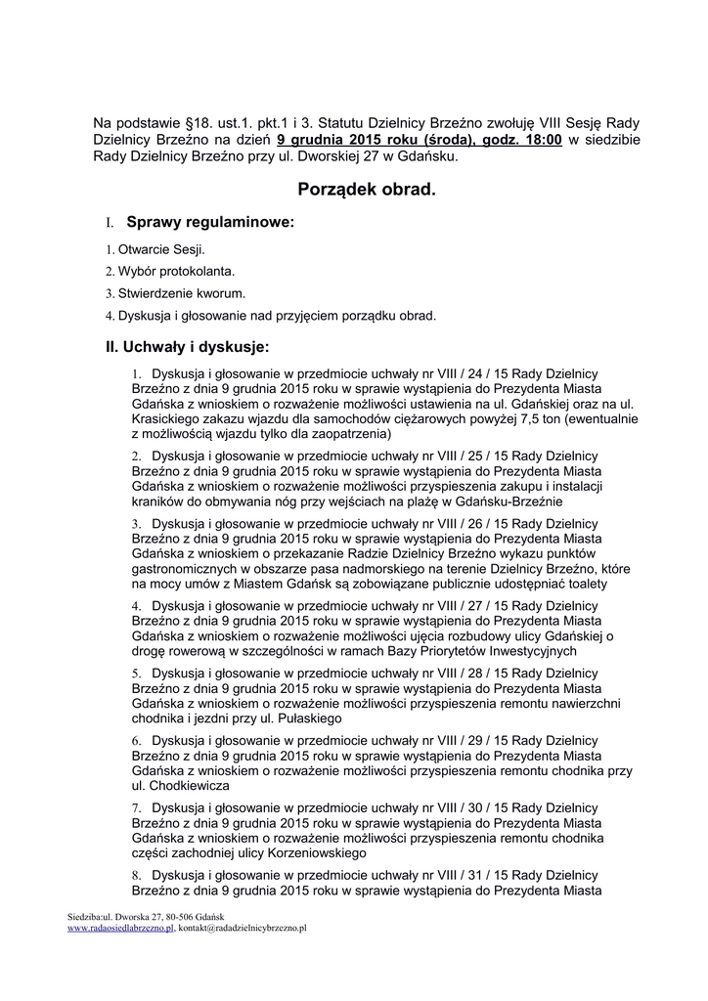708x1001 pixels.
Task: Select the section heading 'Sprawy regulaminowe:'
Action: click(210, 223)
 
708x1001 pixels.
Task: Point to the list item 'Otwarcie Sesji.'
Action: click(161, 250)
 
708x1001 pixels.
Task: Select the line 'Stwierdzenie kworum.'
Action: click(181, 293)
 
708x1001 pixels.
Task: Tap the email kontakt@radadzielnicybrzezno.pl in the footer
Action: click(243, 928)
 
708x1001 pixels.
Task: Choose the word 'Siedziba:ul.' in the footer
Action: click(89, 916)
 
